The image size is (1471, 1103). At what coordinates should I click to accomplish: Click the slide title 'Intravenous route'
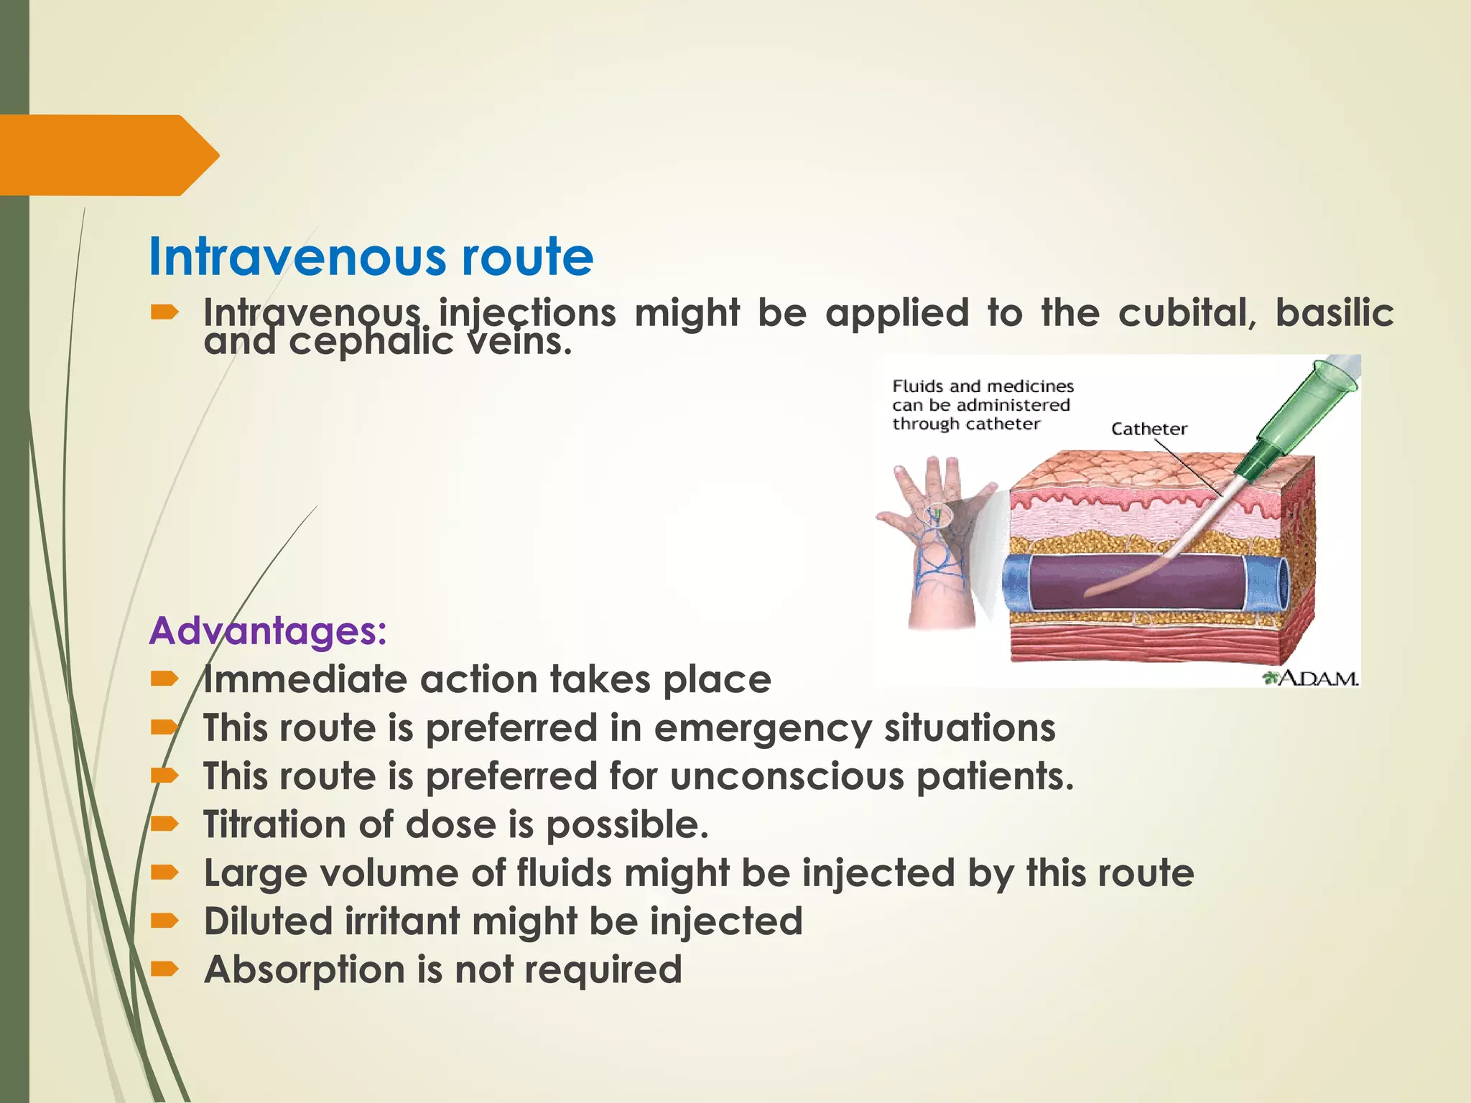click(x=371, y=257)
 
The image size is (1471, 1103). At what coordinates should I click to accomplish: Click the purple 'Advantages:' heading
click(x=268, y=631)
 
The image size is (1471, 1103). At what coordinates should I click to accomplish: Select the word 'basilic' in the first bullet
click(x=1335, y=313)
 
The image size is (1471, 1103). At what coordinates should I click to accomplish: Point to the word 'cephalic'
click(x=371, y=342)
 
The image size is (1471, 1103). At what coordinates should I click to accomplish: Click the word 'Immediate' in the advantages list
click(x=305, y=679)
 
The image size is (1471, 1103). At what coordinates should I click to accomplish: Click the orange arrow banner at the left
click(x=108, y=155)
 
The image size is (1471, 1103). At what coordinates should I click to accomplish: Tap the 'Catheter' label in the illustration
click(x=1149, y=429)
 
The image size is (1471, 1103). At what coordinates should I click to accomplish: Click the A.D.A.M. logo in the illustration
click(x=1312, y=678)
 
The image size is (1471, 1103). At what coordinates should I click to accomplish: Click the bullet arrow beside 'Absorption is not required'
click(x=164, y=969)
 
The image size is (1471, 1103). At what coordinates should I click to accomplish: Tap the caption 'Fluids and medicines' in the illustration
click(x=983, y=386)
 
